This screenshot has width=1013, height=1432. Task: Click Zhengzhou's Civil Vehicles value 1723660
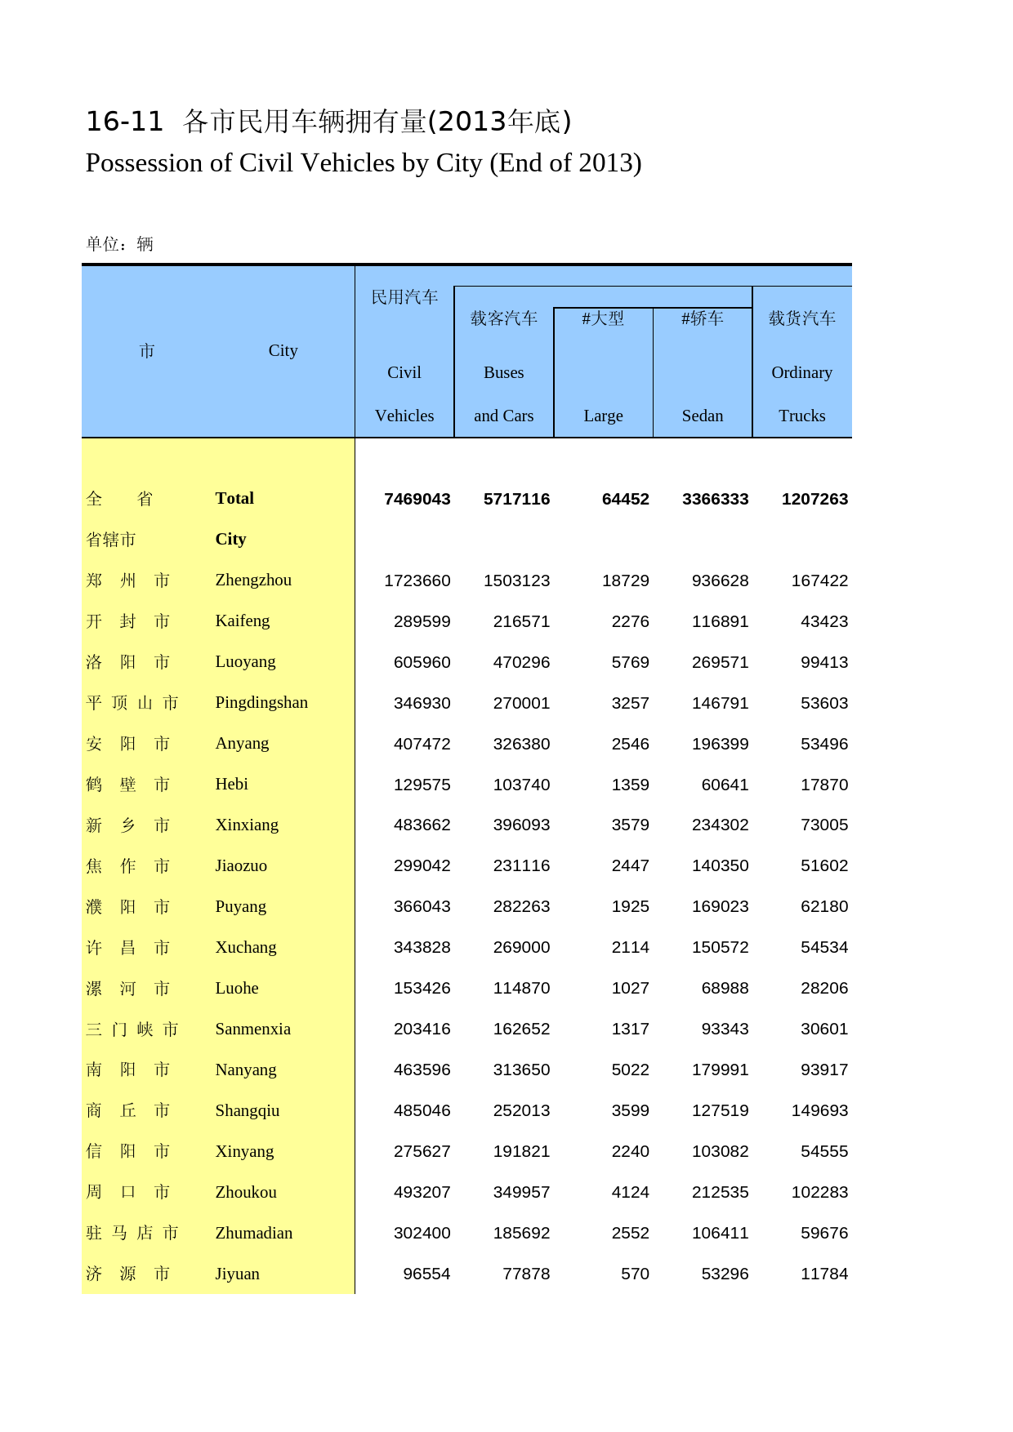[x=417, y=580]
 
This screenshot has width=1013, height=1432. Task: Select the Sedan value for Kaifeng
[x=720, y=621]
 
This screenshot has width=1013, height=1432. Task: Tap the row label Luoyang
[x=245, y=661]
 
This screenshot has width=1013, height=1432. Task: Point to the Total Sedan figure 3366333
[x=715, y=499]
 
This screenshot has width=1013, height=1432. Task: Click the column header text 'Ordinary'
[x=801, y=372]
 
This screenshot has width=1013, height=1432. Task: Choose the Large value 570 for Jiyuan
[x=635, y=1274]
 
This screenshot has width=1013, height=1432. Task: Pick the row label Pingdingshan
[x=261, y=702]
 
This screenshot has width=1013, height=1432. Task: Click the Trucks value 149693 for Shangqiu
[x=819, y=1110]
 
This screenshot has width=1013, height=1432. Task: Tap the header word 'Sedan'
[x=703, y=416]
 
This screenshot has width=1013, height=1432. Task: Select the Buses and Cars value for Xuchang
[x=521, y=947]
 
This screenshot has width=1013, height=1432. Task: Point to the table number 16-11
[x=125, y=122]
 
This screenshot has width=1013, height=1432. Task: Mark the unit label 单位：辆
[x=119, y=244]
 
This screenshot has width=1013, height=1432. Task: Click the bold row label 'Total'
[x=234, y=498]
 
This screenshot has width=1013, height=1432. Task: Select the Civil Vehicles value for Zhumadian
[x=422, y=1233]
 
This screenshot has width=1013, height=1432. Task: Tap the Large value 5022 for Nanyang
[x=630, y=1070]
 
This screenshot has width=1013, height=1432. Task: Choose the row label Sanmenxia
[x=252, y=1029]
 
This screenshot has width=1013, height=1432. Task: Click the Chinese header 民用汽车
[x=404, y=297]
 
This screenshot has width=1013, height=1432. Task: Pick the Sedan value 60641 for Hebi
[x=725, y=785]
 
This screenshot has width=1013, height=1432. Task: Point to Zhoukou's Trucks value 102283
[x=819, y=1192]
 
